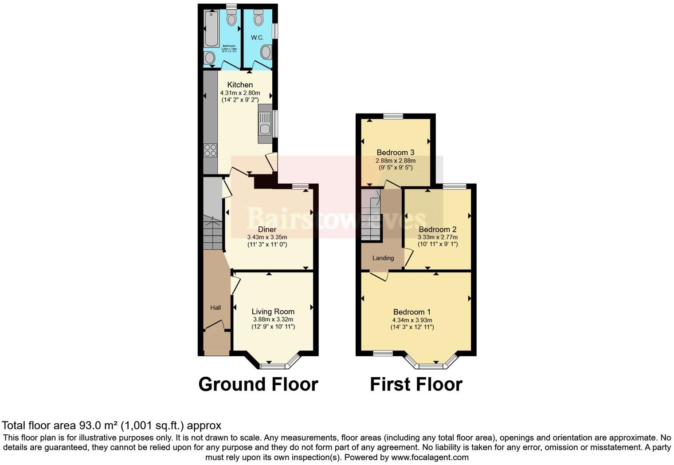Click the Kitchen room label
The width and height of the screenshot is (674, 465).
click(x=240, y=85)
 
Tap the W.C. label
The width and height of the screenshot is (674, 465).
click(x=257, y=38)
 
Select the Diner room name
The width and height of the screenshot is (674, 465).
click(x=267, y=229)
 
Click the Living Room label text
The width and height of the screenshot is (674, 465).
click(x=273, y=311)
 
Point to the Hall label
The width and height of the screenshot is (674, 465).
click(x=216, y=307)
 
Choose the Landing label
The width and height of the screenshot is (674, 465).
click(x=383, y=258)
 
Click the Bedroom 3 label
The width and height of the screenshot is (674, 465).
click(x=395, y=153)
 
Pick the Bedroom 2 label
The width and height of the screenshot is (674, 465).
click(x=437, y=229)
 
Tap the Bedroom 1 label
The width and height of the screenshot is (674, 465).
click(x=411, y=312)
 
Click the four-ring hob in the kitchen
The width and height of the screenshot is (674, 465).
click(x=210, y=150)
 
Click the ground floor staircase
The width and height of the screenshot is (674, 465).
click(x=212, y=233)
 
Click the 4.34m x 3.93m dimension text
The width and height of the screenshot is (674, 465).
click(x=412, y=320)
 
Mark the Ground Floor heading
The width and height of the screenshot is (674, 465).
click(x=258, y=384)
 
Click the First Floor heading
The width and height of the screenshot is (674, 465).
click(x=416, y=384)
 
